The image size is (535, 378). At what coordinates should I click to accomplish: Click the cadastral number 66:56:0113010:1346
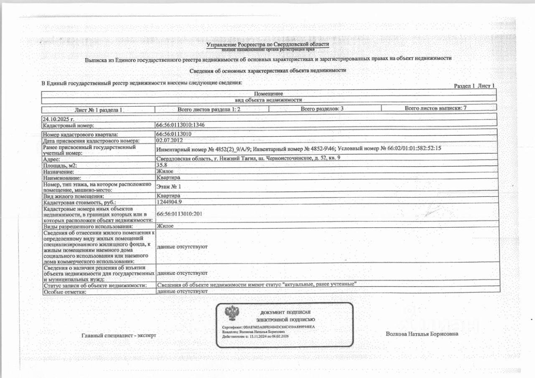pyautogui.click(x=180, y=125)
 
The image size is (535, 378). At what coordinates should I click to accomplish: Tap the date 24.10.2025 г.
pyautogui.click(x=58, y=119)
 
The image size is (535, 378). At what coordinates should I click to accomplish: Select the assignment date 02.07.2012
pyautogui.click(x=169, y=140)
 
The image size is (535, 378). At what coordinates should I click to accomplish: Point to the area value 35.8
pyautogui.click(x=161, y=165)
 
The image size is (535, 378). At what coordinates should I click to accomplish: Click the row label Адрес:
pyautogui.click(x=52, y=160)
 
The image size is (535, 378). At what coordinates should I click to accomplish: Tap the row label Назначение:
pyautogui.click(x=59, y=172)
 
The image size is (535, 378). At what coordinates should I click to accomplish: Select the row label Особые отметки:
pyautogui.click(x=65, y=292)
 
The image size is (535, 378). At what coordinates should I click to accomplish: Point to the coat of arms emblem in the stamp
pyautogui.click(x=230, y=313)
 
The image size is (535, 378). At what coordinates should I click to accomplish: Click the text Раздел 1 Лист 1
pyautogui.click(x=474, y=86)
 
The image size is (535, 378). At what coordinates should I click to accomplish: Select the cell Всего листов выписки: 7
pyautogui.click(x=436, y=108)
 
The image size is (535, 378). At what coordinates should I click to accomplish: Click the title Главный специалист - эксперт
pyautogui.click(x=119, y=335)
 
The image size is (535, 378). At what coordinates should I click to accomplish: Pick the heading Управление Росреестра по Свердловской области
pyautogui.click(x=268, y=44)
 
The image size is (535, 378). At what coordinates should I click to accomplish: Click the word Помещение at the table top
pyautogui.click(x=269, y=94)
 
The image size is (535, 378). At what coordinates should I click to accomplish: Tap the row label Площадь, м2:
pyautogui.click(x=60, y=166)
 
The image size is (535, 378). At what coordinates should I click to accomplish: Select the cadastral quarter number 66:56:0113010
pyautogui.click(x=173, y=134)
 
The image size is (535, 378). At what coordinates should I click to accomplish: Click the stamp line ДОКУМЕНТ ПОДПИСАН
pyautogui.click(x=285, y=312)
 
